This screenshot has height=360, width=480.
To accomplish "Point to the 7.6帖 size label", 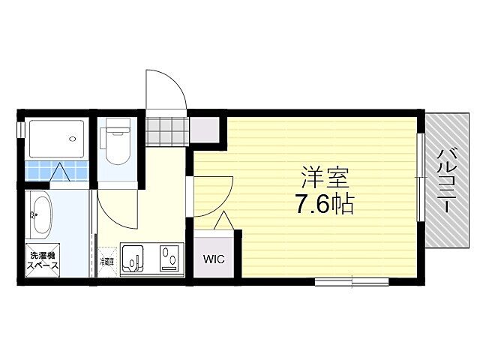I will (x=323, y=203).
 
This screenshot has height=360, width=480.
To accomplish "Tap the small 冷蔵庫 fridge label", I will (x=107, y=262).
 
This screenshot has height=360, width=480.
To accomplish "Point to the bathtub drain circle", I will (x=73, y=138).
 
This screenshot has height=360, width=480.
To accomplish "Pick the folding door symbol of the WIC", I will (x=223, y=221).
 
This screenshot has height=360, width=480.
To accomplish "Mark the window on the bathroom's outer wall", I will (x=20, y=127).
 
